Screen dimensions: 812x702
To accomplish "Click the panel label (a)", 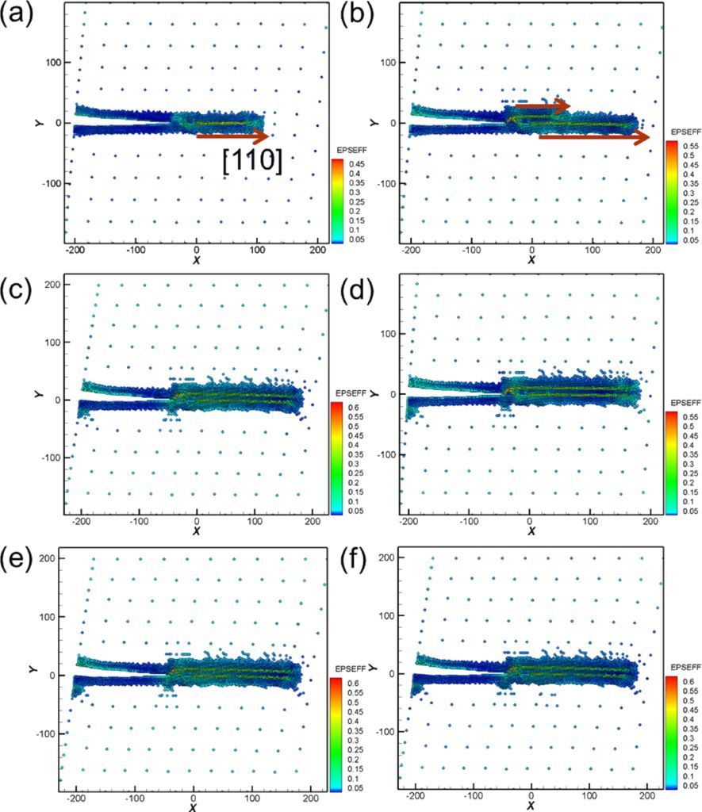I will pos(17,17).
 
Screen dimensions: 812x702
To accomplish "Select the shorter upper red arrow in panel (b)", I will pos(543,104).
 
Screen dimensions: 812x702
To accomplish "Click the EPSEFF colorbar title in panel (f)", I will pos(682,668).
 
